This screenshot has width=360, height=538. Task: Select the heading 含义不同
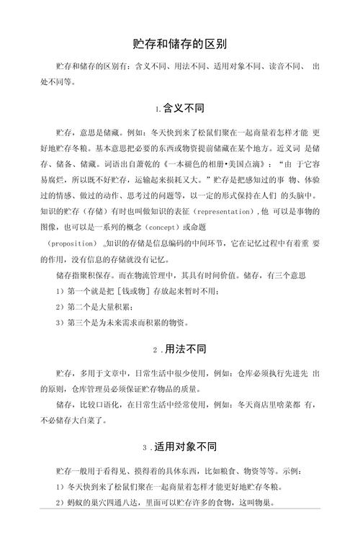coord(184,109)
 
